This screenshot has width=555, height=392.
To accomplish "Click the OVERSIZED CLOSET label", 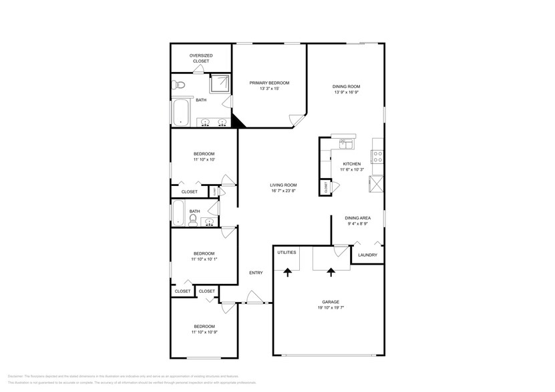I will (200, 58).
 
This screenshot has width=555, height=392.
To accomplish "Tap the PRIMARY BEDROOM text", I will (269, 83).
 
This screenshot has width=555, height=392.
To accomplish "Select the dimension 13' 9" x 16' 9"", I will (347, 93).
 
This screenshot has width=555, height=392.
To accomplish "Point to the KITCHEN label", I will (352, 164).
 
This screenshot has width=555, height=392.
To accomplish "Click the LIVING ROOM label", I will (283, 185).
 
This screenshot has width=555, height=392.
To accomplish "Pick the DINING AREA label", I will (358, 218).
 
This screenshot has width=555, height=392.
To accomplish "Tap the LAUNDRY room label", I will (367, 255).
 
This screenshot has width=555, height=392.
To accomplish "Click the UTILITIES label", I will (287, 253).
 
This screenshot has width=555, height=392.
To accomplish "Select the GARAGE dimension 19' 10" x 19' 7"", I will (331, 308).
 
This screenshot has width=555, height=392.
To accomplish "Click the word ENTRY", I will (256, 273).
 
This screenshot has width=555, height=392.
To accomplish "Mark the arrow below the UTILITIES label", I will (288, 272).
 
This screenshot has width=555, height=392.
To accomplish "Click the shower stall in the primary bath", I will (220, 84).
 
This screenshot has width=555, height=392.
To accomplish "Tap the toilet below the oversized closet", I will (178, 85).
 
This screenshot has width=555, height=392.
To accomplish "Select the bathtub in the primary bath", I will (181, 113).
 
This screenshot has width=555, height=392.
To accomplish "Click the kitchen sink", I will (345, 143).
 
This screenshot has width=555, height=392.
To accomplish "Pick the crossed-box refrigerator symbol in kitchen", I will (377, 184).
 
